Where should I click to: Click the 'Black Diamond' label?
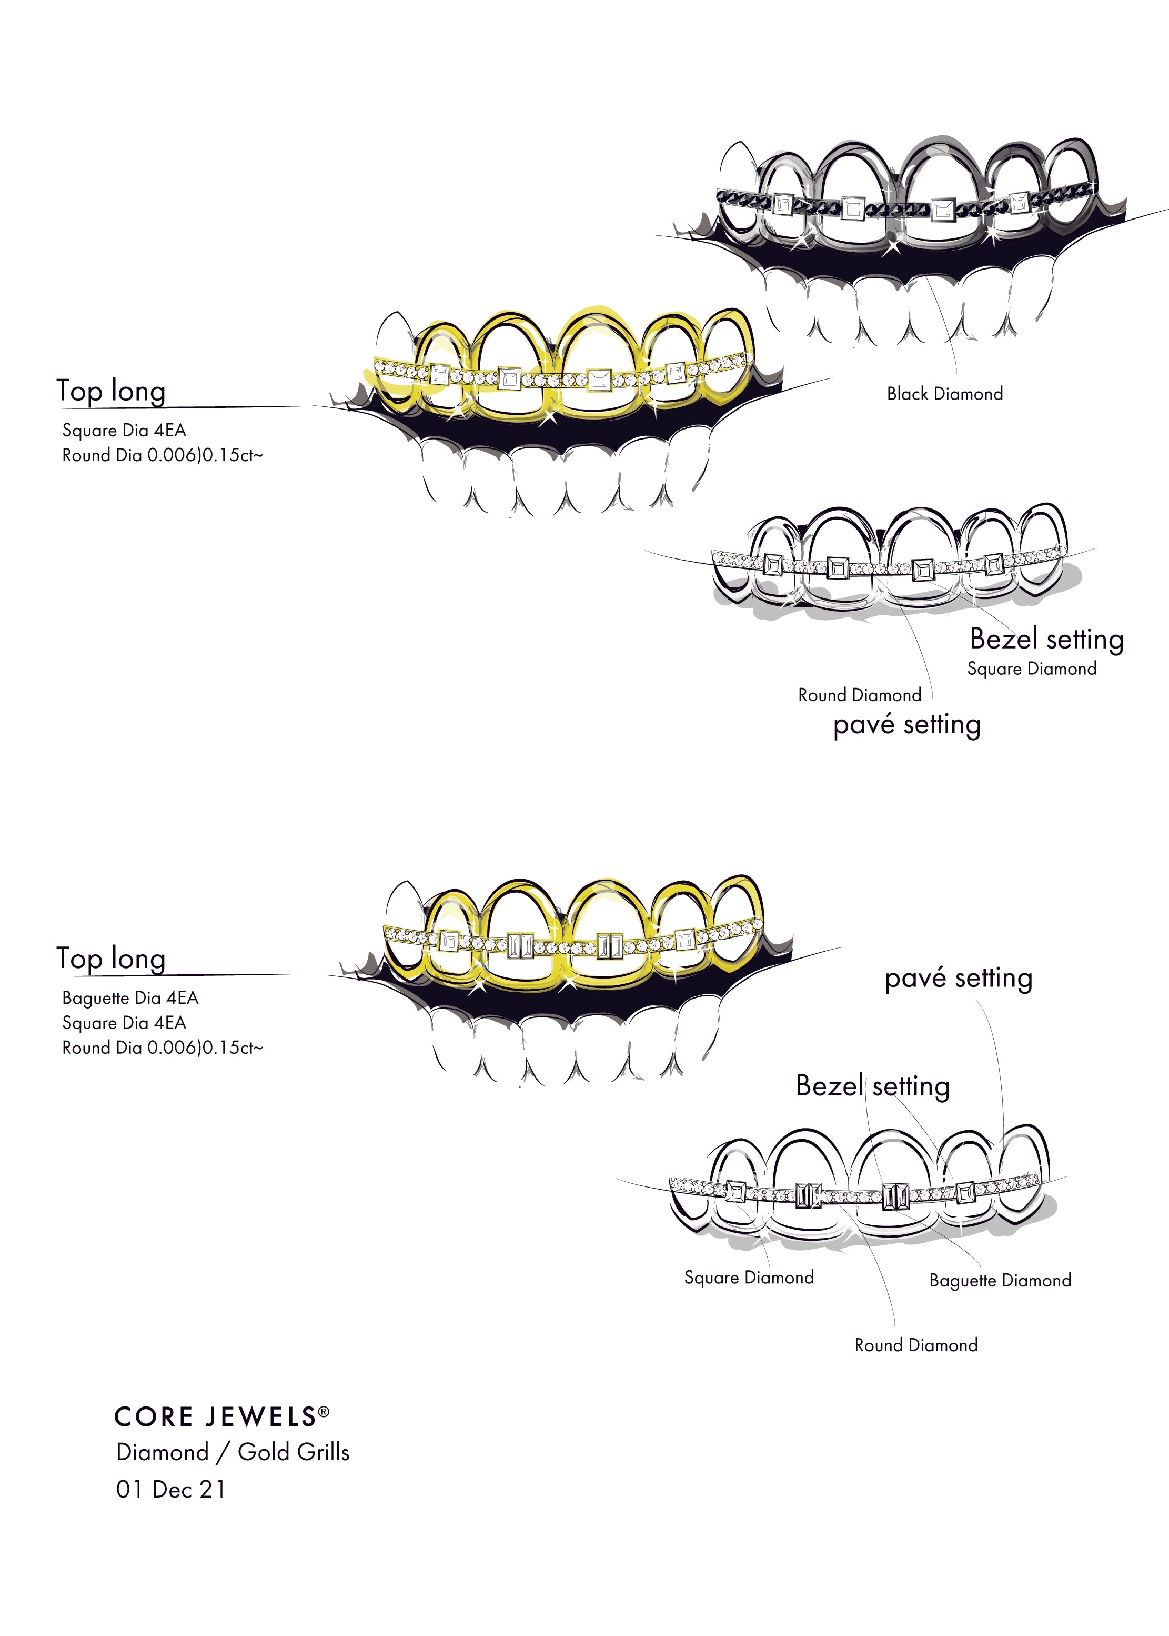tap(944, 394)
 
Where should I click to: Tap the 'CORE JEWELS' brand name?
tap(215, 1417)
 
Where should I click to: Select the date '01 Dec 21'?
tap(170, 1489)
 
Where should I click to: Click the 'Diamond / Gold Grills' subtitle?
tap(233, 1452)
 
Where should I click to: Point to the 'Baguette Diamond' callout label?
tap(1000, 1280)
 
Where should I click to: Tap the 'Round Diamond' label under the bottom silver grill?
tap(915, 1345)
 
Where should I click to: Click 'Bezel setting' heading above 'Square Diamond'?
tap(1046, 639)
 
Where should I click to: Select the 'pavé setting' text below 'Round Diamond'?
tap(907, 724)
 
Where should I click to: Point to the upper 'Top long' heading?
tap(111, 391)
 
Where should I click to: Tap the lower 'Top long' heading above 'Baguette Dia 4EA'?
tap(111, 959)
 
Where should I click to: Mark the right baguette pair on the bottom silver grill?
tap(895, 1196)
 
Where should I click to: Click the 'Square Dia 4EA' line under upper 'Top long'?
tap(124, 431)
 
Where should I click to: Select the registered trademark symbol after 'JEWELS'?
tap(324, 1412)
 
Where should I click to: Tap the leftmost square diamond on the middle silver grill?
tap(772, 564)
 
